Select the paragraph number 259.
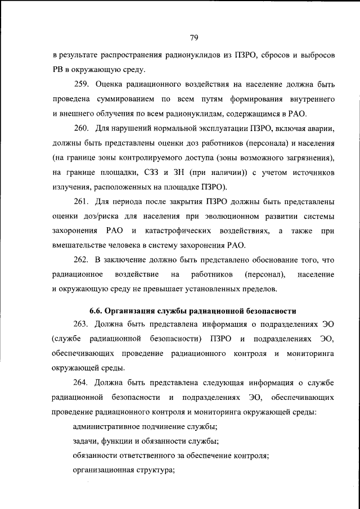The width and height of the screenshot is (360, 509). pos(83,84)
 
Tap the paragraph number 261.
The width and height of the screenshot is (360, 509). pos(83,201)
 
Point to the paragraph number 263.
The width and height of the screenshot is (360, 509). pos(83,325)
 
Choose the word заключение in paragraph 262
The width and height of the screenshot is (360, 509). pos(127,260)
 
